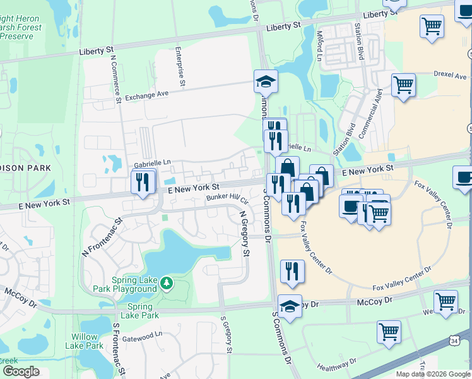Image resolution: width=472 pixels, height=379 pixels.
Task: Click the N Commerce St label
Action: [x=116, y=78]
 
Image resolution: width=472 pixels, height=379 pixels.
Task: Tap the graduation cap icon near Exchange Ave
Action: [x=266, y=81]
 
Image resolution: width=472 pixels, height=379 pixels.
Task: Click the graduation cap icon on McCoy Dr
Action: [x=290, y=306]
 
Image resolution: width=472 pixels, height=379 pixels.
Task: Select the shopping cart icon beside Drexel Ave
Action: [x=403, y=85]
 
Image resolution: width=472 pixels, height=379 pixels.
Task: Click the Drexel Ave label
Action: [x=449, y=74]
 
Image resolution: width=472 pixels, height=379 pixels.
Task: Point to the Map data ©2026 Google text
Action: [x=433, y=374]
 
